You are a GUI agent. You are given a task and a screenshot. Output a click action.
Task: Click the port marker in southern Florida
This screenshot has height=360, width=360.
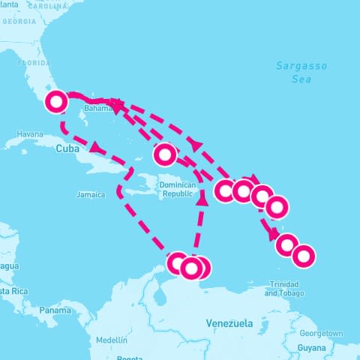pyautogui.click(x=57, y=101)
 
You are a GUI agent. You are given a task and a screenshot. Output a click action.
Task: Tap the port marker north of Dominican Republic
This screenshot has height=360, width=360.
pyautogui.click(x=164, y=154)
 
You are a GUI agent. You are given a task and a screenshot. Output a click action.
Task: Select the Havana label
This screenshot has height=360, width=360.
pyautogui.click(x=30, y=134)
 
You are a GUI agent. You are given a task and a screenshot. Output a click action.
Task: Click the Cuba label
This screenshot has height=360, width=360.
pyautogui.click(x=67, y=149)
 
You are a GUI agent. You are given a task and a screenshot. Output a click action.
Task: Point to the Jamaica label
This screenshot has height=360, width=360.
pyautogui.click(x=91, y=194)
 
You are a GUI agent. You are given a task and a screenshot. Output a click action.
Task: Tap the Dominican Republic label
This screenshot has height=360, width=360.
pyautogui.click(x=178, y=189)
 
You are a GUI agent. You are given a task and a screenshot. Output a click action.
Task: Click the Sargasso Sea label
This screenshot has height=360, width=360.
pyautogui.click(x=301, y=71)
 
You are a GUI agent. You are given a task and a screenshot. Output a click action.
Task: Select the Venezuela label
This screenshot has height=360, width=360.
pyautogui.click(x=229, y=323)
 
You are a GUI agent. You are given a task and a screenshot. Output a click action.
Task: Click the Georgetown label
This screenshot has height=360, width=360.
pyautogui.click(x=320, y=333)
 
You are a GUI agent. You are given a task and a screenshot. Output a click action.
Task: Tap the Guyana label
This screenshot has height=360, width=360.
pyautogui.click(x=311, y=348)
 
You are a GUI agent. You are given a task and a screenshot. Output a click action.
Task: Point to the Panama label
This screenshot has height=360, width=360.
pyautogui.click(x=55, y=310)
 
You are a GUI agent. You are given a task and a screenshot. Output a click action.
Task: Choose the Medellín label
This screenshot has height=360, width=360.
pyautogui.click(x=112, y=340)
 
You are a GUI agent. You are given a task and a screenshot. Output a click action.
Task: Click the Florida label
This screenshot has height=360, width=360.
pyautogui.click(x=33, y=63)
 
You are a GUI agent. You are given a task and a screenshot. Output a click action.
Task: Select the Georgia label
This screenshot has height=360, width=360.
pyautogui.click(x=19, y=21)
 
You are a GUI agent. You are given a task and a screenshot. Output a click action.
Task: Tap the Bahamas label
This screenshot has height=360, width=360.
pyautogui.click(x=98, y=108)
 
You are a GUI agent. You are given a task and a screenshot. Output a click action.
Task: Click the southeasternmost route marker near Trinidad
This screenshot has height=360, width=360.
pyautogui.click(x=303, y=256)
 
